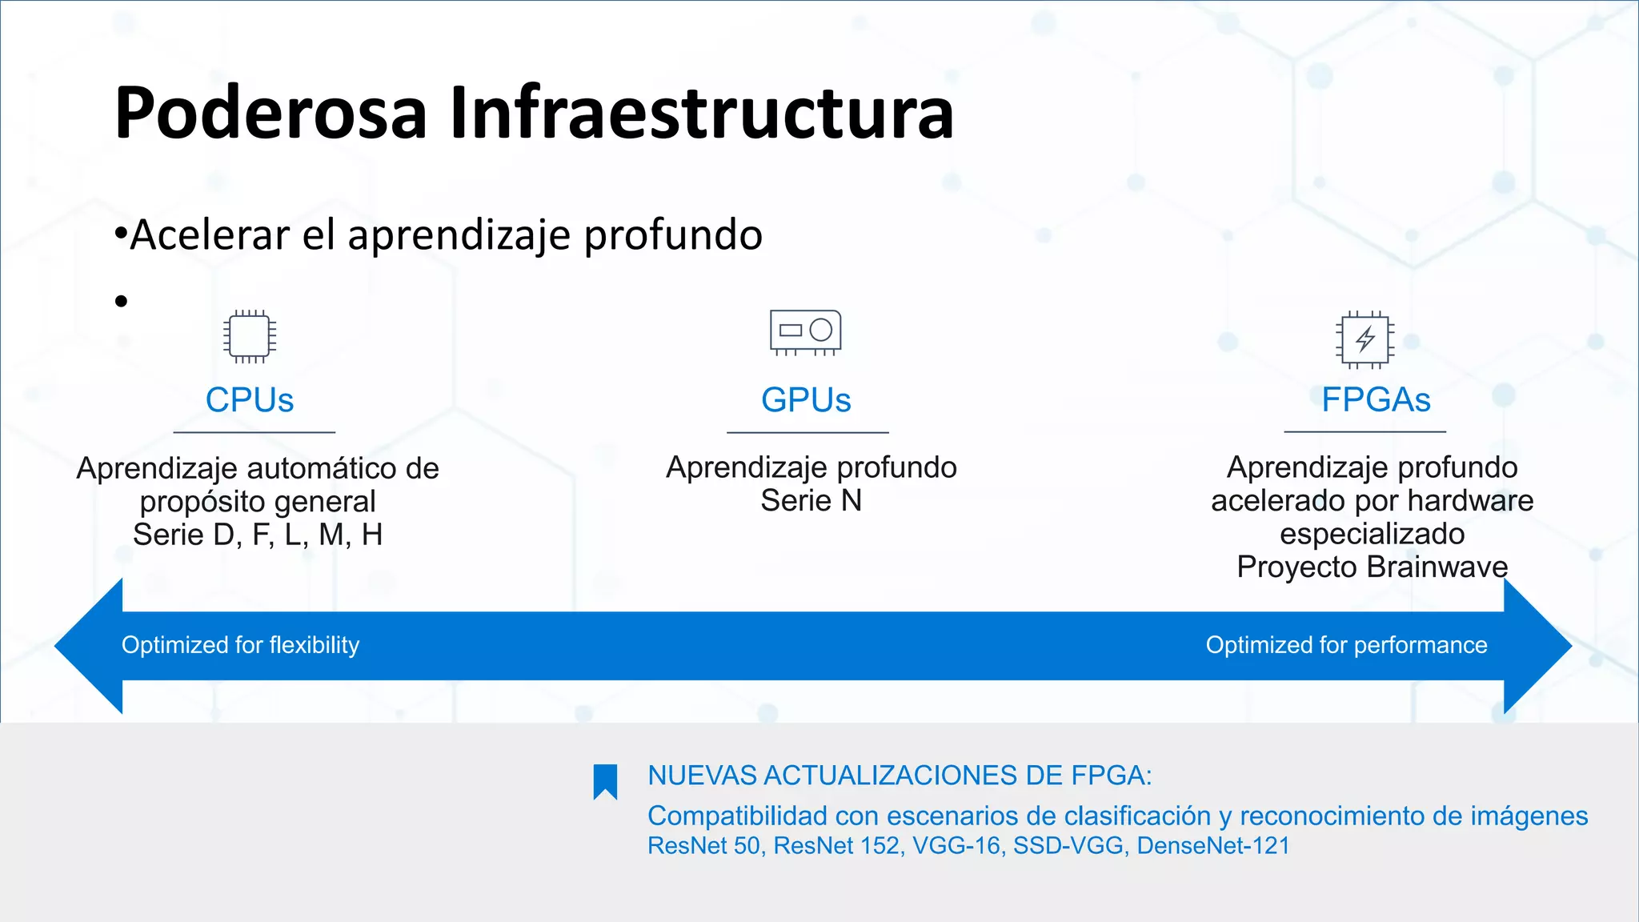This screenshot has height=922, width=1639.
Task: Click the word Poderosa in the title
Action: [270, 114]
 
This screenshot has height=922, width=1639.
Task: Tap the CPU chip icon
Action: [250, 336]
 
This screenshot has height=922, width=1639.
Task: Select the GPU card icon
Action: [805, 331]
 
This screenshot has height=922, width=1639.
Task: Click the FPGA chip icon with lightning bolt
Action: [1365, 339]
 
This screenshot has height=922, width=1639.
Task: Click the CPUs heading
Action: [250, 400]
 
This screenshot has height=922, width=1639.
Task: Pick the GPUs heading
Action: [806, 400]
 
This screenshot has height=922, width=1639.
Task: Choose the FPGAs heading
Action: [1376, 400]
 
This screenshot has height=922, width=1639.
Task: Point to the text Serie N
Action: [811, 501]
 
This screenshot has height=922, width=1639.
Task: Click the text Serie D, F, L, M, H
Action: [258, 535]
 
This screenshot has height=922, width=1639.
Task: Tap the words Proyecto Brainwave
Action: [1372, 567]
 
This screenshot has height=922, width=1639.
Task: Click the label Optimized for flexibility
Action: [240, 645]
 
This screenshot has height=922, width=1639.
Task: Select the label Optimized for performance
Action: [1346, 645]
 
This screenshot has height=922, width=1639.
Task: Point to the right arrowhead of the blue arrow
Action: [1537, 646]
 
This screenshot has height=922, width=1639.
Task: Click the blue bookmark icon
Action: [605, 781]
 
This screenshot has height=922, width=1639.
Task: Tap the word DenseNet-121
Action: [1213, 846]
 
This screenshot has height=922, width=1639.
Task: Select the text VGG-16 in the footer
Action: [958, 846]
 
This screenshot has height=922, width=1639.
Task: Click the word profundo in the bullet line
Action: [673, 235]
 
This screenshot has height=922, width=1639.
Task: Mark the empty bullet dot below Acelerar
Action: [121, 302]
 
